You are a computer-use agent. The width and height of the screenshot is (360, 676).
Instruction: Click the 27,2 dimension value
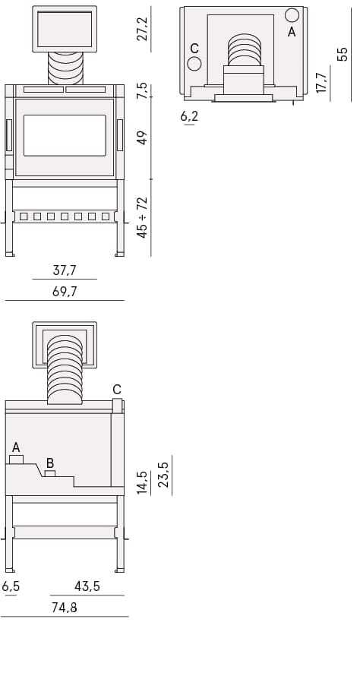click(x=142, y=29)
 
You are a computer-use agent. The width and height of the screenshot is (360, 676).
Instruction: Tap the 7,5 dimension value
click(x=142, y=90)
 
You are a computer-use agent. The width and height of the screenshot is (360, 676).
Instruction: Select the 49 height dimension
click(x=142, y=137)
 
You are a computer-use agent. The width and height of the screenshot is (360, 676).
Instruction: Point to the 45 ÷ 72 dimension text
click(x=142, y=217)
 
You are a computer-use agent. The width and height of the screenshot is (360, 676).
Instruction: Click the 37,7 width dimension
click(x=65, y=270)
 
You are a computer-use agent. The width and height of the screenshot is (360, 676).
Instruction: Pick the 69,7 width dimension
click(x=65, y=292)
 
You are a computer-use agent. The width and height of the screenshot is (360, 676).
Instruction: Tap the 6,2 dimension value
click(x=189, y=116)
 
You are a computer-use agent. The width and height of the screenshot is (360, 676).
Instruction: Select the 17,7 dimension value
click(x=321, y=82)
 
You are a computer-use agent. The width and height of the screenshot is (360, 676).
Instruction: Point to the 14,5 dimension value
click(x=142, y=482)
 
